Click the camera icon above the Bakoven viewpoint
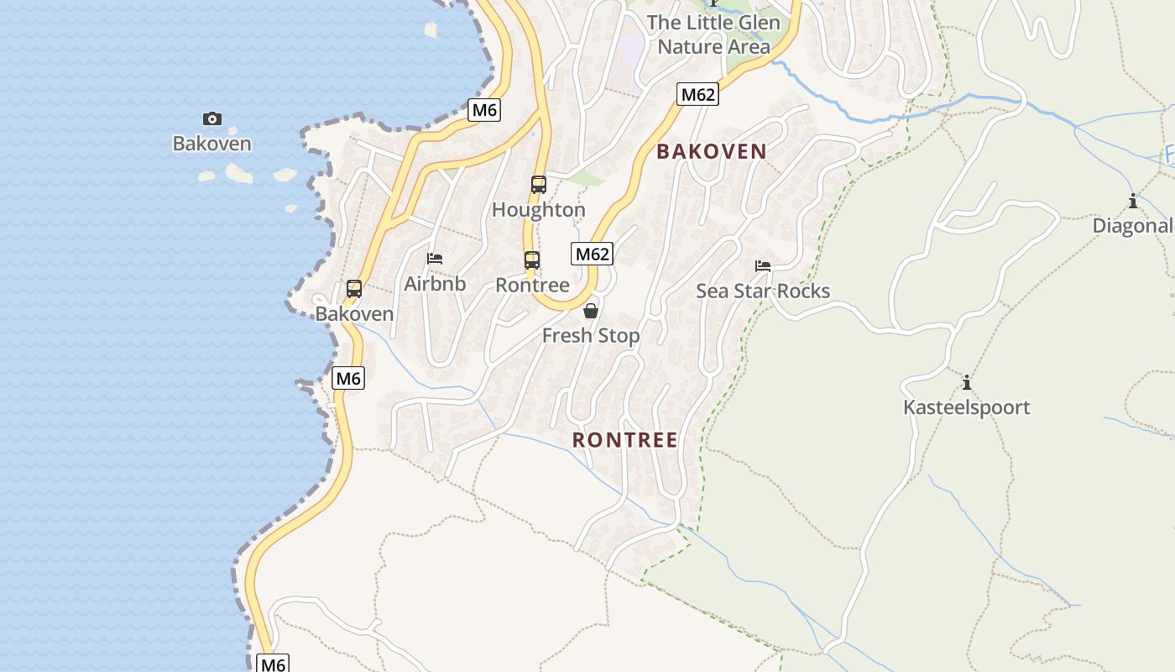pyautogui.click(x=212, y=119)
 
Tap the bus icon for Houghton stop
pyautogui.click(x=539, y=185)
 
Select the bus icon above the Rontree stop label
pyautogui.click(x=532, y=260)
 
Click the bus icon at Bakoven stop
pyautogui.click(x=354, y=289)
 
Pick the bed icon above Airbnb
pyautogui.click(x=435, y=259)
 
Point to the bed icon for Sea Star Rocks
pyautogui.click(x=763, y=266)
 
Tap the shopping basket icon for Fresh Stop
pyautogui.click(x=591, y=311)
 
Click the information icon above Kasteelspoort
pyautogui.click(x=967, y=383)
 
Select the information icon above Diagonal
pyautogui.click(x=1133, y=201)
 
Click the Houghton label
pyautogui.click(x=539, y=210)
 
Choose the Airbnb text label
pyautogui.click(x=435, y=284)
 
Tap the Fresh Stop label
pyautogui.click(x=591, y=336)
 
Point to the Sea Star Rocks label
pyautogui.click(x=763, y=291)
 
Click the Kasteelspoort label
pyautogui.click(x=967, y=408)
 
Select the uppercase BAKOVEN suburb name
pyautogui.click(x=712, y=152)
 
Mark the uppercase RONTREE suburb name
pyautogui.click(x=625, y=440)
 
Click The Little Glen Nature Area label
pyautogui.click(x=713, y=34)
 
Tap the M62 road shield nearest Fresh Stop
pyautogui.click(x=593, y=254)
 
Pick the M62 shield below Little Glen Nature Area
pyautogui.click(x=698, y=94)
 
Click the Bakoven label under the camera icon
pyautogui.click(x=212, y=144)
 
